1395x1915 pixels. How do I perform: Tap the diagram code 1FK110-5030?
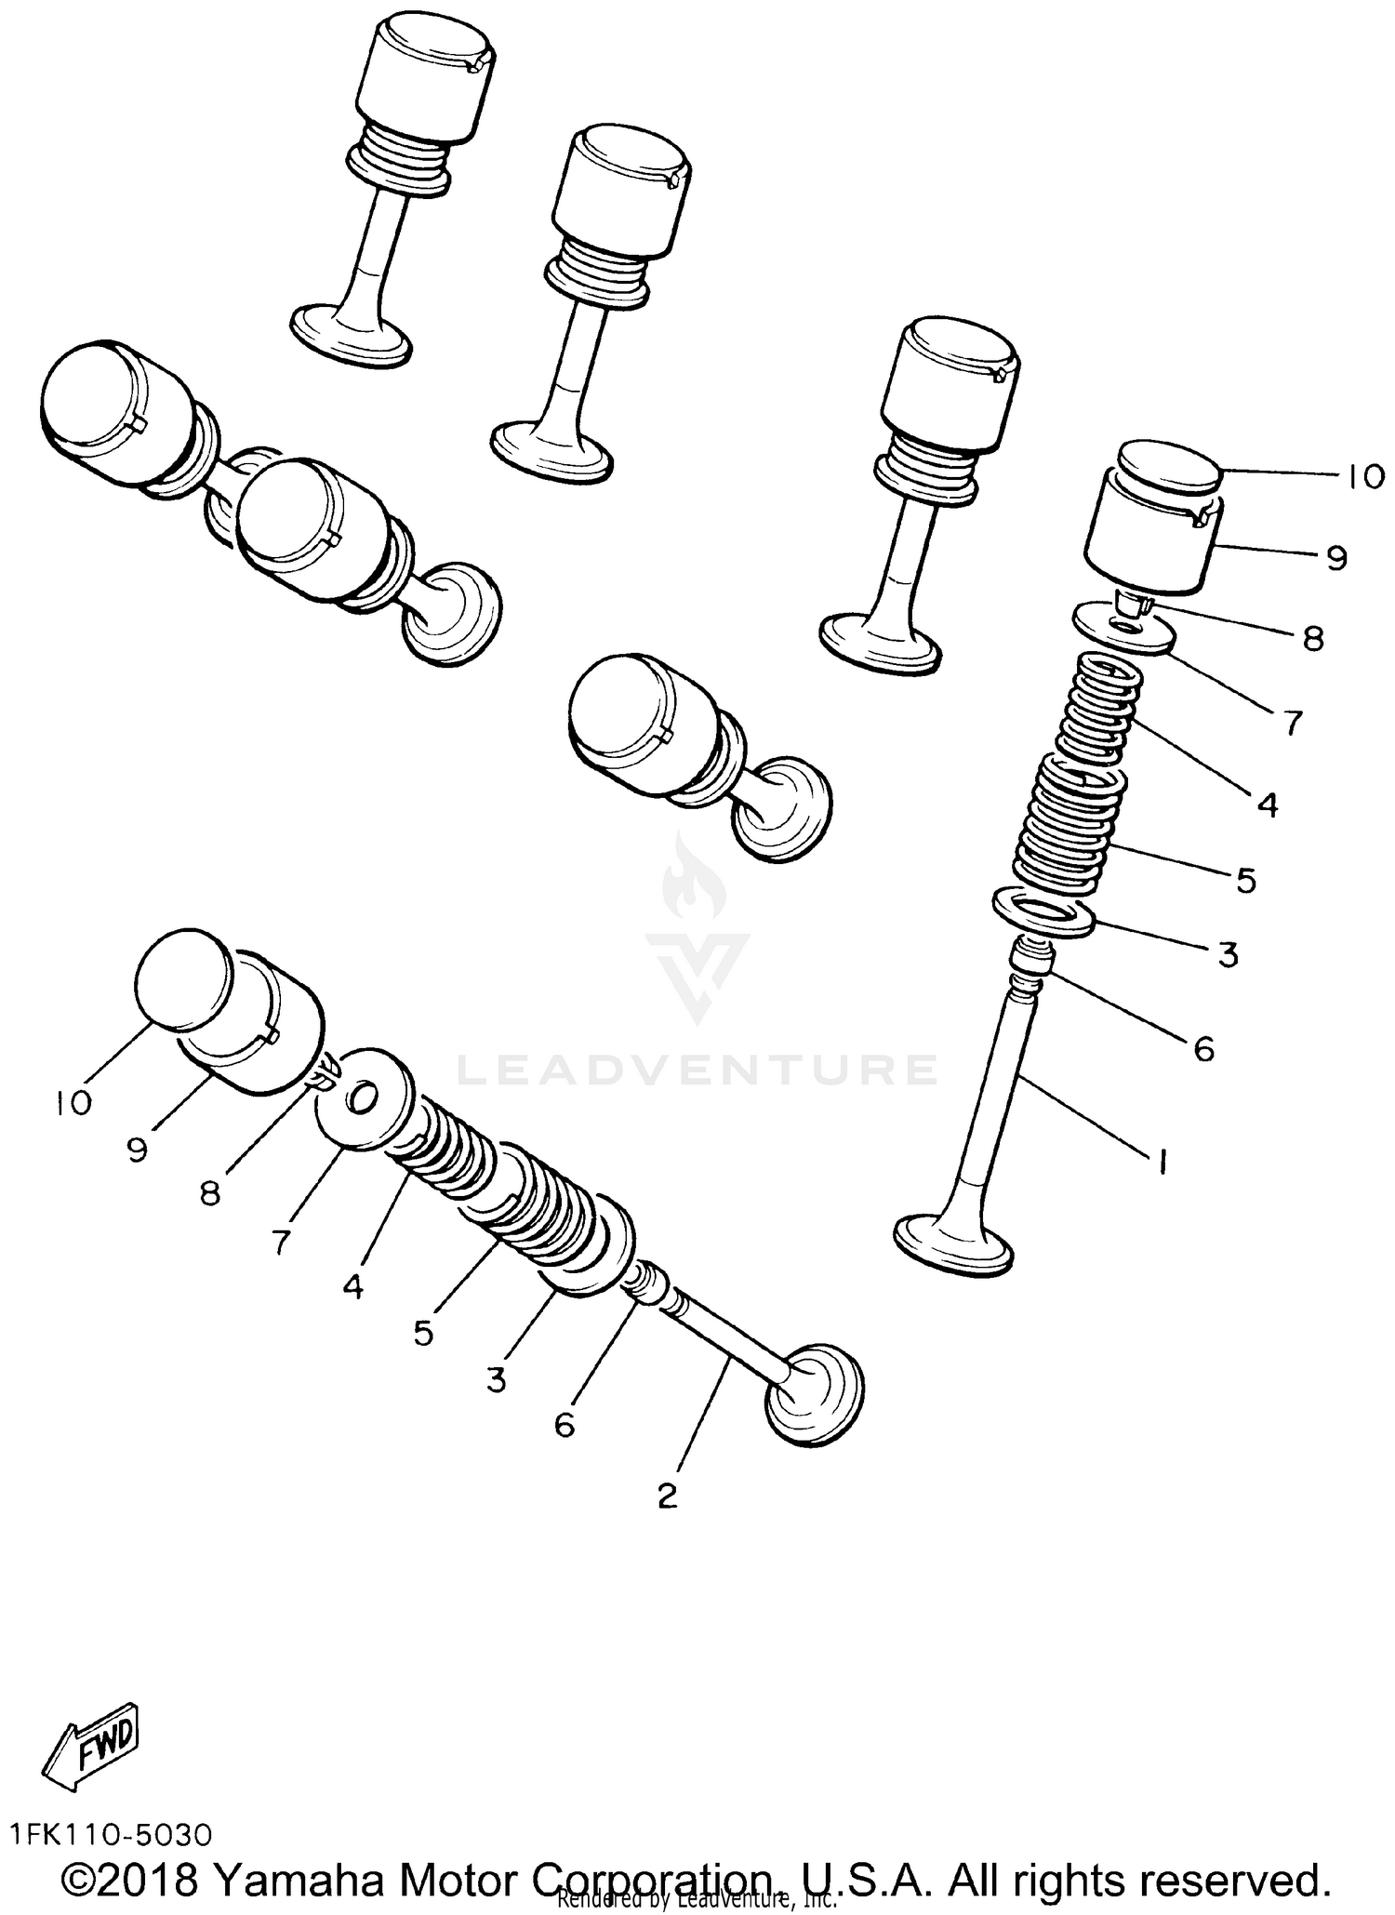pos(112,1834)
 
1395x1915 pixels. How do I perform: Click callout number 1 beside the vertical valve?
pos(1161,1162)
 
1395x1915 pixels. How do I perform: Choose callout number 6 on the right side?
pos(1203,1049)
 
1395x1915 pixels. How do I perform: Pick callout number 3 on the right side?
pos(1228,954)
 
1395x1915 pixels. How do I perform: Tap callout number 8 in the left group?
pos(210,1193)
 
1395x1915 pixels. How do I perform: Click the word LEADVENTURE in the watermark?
pos(697,1070)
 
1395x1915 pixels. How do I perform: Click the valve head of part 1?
pos(951,1242)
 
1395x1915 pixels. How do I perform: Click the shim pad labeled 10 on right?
pos(1168,468)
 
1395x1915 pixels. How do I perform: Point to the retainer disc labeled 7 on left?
pos(365,1099)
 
